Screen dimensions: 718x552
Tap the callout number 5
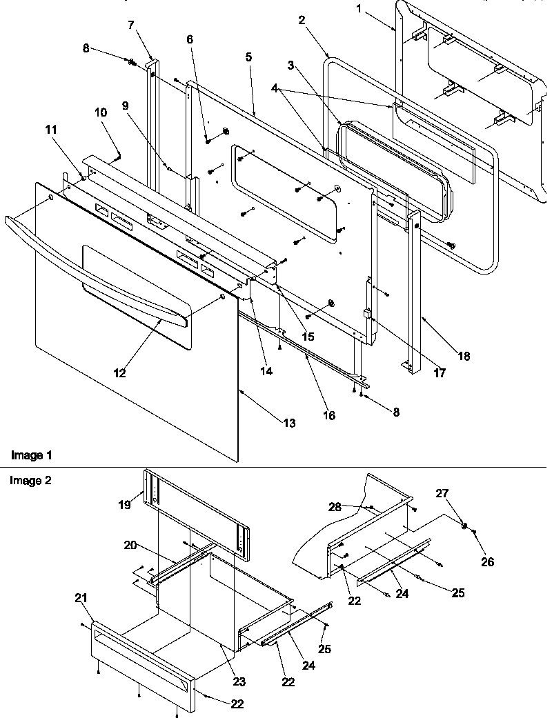click(248, 58)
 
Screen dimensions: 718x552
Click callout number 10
click(101, 112)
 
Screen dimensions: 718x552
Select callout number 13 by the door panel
click(289, 423)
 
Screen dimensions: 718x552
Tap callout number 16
click(329, 415)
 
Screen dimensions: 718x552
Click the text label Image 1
click(30, 455)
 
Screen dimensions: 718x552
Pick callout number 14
click(266, 370)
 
